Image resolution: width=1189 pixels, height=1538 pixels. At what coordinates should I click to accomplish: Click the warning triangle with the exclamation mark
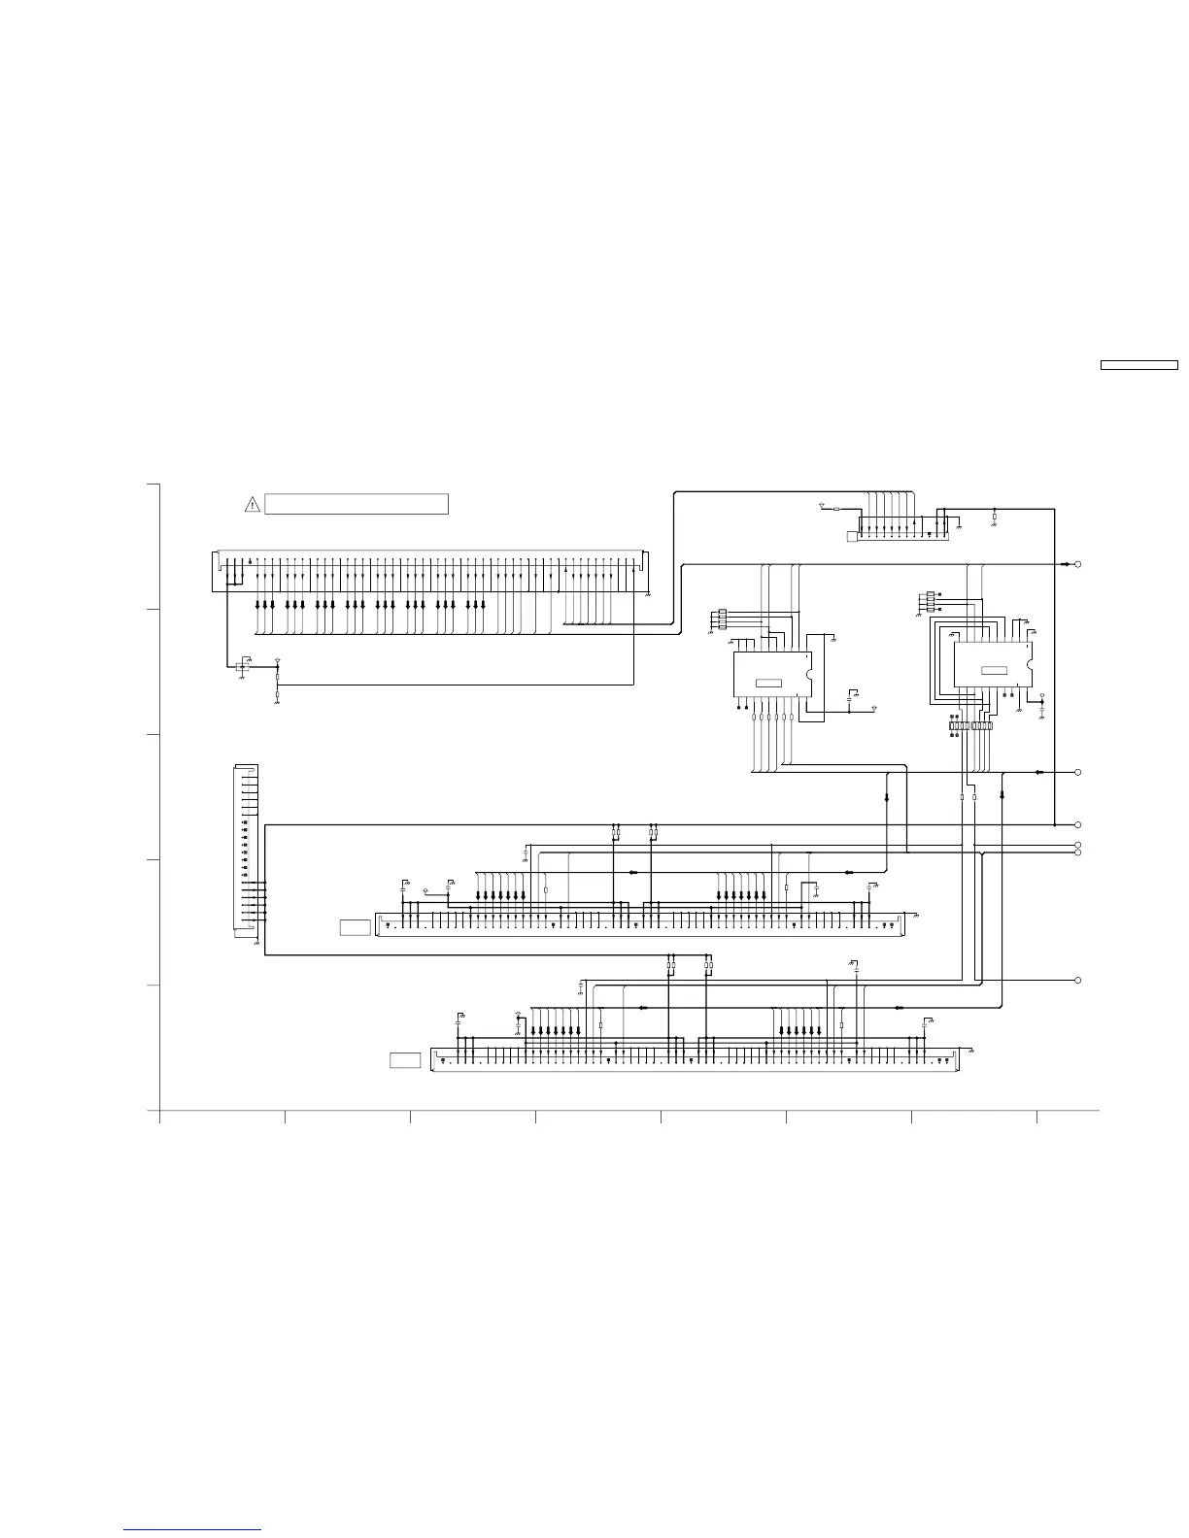[252, 504]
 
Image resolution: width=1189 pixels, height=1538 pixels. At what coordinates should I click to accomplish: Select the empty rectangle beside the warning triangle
[357, 504]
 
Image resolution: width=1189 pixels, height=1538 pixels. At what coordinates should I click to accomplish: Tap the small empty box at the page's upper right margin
[1138, 366]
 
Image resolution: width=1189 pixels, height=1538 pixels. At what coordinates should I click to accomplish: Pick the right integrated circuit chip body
[991, 663]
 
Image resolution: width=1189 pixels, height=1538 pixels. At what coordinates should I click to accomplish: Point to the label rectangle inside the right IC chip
[994, 670]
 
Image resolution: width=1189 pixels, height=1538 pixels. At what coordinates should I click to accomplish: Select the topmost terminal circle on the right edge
[1078, 564]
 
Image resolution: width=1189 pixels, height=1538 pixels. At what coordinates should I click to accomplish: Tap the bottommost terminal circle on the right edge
[1078, 981]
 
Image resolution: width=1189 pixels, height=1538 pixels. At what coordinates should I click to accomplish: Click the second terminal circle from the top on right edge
[1078, 772]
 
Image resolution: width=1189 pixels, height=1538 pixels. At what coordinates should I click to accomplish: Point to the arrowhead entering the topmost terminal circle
[1066, 564]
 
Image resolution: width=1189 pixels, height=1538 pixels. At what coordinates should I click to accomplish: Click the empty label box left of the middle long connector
[356, 927]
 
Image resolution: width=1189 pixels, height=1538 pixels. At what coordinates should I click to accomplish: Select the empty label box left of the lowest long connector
[405, 1060]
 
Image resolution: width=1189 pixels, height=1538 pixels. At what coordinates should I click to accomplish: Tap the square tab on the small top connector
[852, 536]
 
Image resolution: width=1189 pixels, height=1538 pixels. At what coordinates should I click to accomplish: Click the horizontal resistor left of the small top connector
[837, 508]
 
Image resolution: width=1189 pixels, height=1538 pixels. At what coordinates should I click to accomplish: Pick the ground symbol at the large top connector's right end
[647, 592]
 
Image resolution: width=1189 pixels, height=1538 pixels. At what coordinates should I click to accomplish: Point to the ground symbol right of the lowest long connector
[971, 1052]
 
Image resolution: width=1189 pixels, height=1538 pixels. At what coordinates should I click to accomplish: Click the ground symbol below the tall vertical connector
[255, 943]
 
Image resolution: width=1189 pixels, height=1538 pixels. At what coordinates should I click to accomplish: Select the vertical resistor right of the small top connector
[994, 518]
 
